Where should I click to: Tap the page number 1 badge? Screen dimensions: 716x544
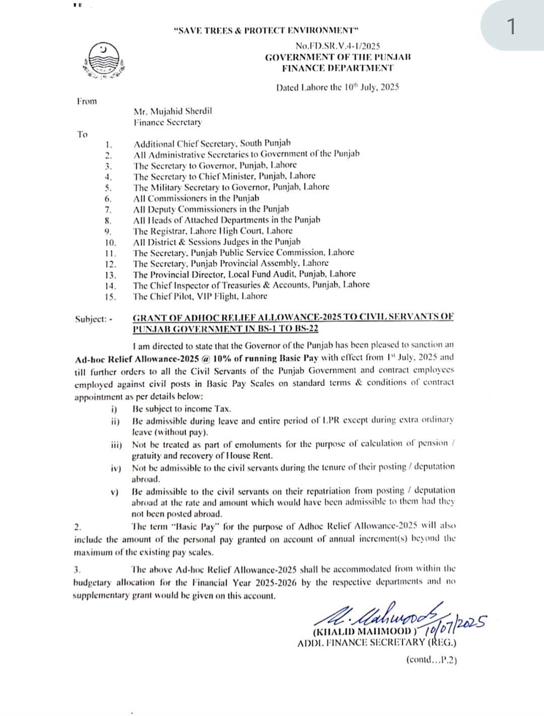511,26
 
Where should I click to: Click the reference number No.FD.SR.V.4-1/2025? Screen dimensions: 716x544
337,46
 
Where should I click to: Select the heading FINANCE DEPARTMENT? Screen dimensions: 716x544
337,67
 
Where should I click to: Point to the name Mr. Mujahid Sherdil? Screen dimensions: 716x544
172,111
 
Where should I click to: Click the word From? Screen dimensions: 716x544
87,101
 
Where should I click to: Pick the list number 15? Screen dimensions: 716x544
110,297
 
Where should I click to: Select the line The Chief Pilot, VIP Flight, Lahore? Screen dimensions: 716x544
200,296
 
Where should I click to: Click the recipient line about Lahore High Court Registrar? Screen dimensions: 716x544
213,231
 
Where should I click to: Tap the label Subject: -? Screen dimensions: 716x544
94,319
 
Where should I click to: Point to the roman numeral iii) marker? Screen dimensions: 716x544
116,445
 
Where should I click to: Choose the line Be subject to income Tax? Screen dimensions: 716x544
181,409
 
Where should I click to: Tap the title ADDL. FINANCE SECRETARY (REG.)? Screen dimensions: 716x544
377,642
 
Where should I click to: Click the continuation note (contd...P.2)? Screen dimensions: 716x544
431,660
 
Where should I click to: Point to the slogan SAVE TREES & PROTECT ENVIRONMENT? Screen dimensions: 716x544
265,31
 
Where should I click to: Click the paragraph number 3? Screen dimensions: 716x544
77,569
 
